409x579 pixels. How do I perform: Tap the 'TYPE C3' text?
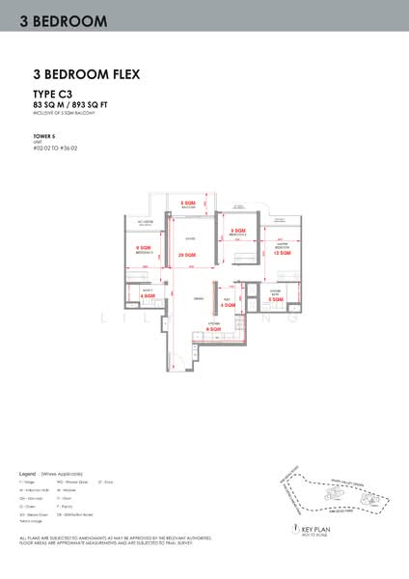tap(53, 93)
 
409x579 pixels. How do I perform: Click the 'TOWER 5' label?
tap(43, 136)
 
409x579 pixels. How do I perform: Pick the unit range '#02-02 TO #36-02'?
tap(55, 149)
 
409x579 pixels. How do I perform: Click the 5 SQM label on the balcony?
tap(190, 204)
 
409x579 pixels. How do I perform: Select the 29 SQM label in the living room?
tap(188, 255)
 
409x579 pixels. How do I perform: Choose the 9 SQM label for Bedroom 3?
tap(236, 231)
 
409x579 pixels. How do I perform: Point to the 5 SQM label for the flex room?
tap(227, 306)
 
